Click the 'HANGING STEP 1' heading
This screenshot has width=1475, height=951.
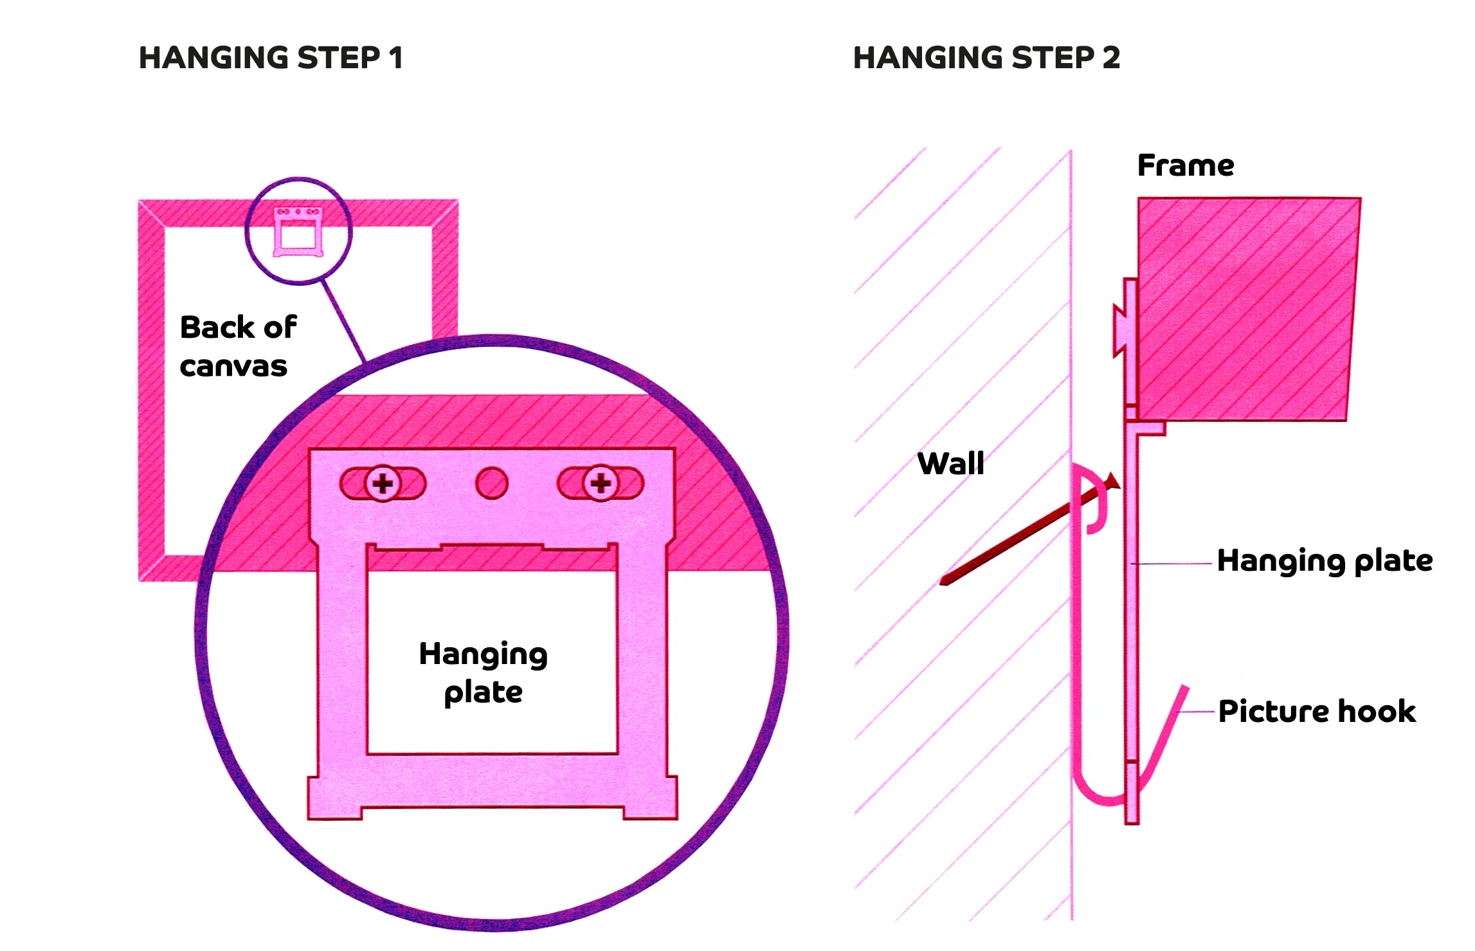271,58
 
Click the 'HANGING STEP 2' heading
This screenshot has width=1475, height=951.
986,58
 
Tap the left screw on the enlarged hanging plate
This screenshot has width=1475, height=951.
383,483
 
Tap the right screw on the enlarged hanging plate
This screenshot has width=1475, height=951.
601,483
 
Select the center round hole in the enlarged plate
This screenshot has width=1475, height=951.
492,483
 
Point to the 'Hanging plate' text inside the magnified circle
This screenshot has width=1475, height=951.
483,672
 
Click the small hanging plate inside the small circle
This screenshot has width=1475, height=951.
298,232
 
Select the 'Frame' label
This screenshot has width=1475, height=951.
1185,165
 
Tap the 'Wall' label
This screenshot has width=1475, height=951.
950,463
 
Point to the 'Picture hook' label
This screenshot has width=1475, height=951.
1316,711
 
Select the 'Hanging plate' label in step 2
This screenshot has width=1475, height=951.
1324,560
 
